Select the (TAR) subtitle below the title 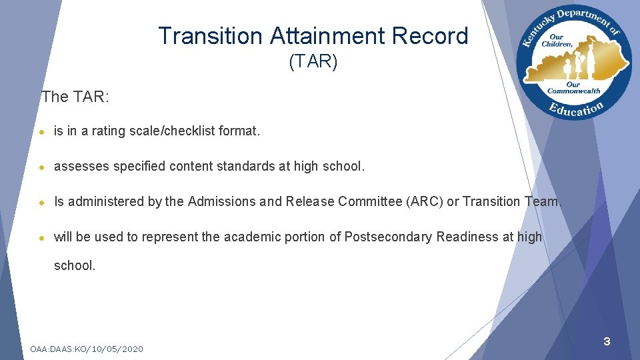[313, 62]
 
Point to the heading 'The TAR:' [75, 97]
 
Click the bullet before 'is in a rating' [42, 132]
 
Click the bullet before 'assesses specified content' [42, 167]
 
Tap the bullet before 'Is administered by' [42, 202]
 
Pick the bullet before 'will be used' [42, 237]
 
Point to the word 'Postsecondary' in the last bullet [389, 237]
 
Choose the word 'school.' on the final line [75, 265]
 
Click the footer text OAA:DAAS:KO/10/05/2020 [87, 349]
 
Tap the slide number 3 [607, 342]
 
